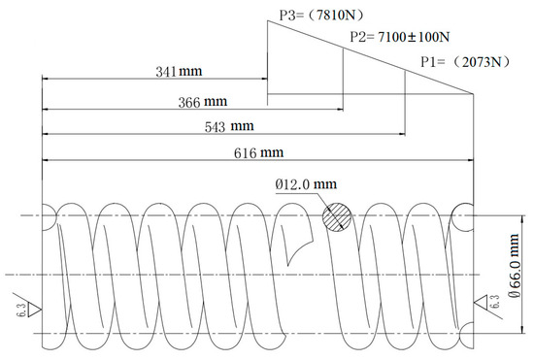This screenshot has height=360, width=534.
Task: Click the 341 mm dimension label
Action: (x=180, y=72)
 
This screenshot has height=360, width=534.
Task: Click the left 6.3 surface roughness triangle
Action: (x=32, y=310)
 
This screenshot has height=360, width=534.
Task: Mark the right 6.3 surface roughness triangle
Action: (x=484, y=306)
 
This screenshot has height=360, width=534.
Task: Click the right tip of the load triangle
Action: (x=474, y=94)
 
